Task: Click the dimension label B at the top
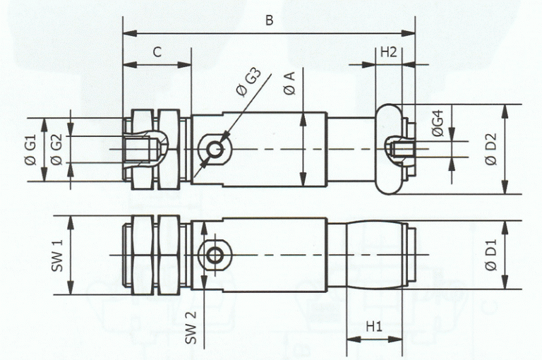click(x=269, y=20)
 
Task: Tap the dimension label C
click(x=157, y=52)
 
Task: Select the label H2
click(x=389, y=52)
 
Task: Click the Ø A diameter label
click(x=289, y=84)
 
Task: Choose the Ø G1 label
click(x=30, y=150)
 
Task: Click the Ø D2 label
click(x=491, y=149)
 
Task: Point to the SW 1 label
click(x=58, y=255)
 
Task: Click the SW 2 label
click(x=188, y=327)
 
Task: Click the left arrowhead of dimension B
click(x=127, y=33)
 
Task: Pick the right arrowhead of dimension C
click(x=187, y=64)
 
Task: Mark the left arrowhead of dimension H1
click(x=351, y=339)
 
